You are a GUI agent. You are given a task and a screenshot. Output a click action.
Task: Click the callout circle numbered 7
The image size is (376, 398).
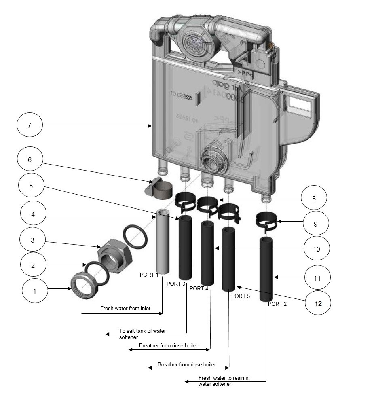30,125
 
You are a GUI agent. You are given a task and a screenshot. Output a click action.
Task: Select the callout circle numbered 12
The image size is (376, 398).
318,303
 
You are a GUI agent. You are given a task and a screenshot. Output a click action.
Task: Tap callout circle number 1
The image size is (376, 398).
34,290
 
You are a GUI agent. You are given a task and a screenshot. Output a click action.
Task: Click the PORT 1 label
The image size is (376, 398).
149,275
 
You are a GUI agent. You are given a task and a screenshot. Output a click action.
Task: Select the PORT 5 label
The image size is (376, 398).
241,296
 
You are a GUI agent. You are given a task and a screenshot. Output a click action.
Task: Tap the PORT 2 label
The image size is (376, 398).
277,304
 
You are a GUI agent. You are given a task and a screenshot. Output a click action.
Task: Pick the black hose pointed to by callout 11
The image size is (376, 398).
267,269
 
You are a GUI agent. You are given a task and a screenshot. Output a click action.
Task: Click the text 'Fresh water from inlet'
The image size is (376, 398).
125,308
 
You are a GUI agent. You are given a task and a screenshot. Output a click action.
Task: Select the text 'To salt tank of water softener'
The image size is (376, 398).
142,334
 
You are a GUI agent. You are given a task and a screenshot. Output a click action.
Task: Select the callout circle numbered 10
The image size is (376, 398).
316,249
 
